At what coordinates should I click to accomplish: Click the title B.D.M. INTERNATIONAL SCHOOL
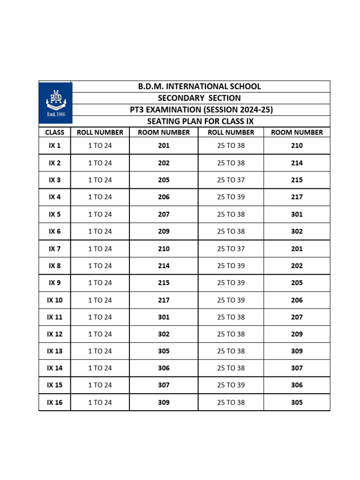point(199,86)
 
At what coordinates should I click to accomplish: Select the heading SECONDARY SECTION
point(199,98)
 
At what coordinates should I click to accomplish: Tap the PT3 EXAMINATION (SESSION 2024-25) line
point(201,110)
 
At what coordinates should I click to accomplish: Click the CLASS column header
point(55,132)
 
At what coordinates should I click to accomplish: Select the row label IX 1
point(55,146)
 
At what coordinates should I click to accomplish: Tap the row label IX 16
point(55,402)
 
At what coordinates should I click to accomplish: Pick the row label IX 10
point(55,300)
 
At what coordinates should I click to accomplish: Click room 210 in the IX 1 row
point(297,146)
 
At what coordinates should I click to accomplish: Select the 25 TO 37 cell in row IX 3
point(231,180)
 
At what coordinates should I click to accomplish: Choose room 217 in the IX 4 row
point(297,197)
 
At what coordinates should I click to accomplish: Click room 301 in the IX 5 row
point(297,214)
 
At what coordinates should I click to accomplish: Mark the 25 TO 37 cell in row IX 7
point(231,248)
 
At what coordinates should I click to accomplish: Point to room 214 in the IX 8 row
point(164,266)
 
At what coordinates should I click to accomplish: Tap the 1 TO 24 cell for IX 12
point(100,334)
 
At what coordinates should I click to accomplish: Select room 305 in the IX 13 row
point(164,351)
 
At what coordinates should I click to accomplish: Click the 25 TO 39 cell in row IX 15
point(231,385)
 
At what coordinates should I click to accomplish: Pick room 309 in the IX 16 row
point(164,402)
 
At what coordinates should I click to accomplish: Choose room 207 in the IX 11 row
point(297,317)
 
